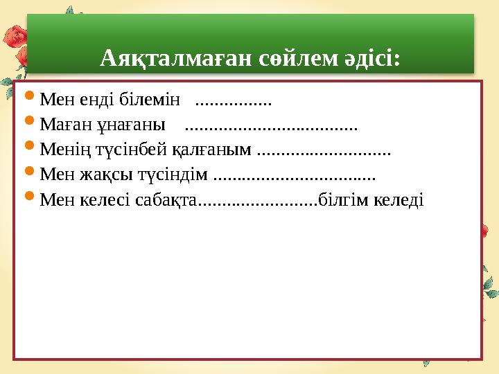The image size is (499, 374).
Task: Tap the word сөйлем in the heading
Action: point(298,58)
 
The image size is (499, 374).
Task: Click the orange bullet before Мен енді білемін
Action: point(29,96)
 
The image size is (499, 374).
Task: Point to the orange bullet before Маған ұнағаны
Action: point(29,121)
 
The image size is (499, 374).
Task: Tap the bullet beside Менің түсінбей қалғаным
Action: point(29,145)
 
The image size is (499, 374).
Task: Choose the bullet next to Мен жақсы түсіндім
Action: point(29,170)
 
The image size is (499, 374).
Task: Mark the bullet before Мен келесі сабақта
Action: point(29,195)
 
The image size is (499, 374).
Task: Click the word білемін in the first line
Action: point(150,99)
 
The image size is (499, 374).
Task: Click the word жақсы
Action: point(106,175)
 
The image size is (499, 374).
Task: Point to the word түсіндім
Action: point(173,175)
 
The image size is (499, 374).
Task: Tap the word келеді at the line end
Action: point(399,200)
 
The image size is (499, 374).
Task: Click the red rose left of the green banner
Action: point(15,37)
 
